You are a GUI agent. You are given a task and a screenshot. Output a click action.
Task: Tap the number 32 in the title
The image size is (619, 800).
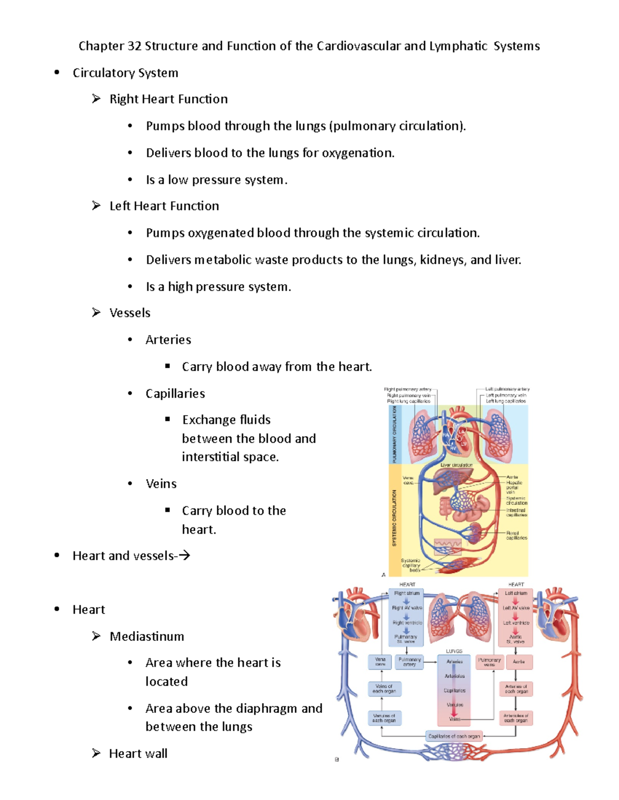point(134,46)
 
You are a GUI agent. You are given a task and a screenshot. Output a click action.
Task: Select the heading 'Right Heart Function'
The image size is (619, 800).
point(168,99)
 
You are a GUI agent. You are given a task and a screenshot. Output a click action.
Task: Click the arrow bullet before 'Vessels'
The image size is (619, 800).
point(96,313)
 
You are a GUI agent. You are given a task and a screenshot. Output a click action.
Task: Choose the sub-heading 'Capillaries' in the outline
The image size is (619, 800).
point(175,394)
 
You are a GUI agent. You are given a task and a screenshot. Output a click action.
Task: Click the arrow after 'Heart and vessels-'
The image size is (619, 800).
point(185,555)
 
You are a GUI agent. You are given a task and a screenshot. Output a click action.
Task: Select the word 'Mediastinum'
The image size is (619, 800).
point(146,637)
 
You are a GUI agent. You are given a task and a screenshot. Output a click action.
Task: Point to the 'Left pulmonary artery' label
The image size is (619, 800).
point(508,389)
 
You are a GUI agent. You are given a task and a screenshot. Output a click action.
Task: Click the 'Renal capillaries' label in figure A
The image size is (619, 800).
point(516,535)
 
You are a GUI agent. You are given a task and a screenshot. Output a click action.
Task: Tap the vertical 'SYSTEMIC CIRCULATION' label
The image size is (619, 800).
point(395,518)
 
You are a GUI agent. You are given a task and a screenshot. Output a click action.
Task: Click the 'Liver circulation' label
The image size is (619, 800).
point(457,465)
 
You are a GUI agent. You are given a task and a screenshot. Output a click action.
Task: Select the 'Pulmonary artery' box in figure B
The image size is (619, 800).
point(410,662)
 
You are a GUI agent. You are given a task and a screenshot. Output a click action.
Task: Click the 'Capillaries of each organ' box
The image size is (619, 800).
point(454,736)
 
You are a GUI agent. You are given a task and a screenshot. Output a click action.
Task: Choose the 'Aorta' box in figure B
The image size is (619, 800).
point(518,662)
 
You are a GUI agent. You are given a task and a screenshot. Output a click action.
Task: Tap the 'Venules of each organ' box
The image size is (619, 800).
point(384,718)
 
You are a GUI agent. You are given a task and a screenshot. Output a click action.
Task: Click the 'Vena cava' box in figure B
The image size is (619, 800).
point(380,662)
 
